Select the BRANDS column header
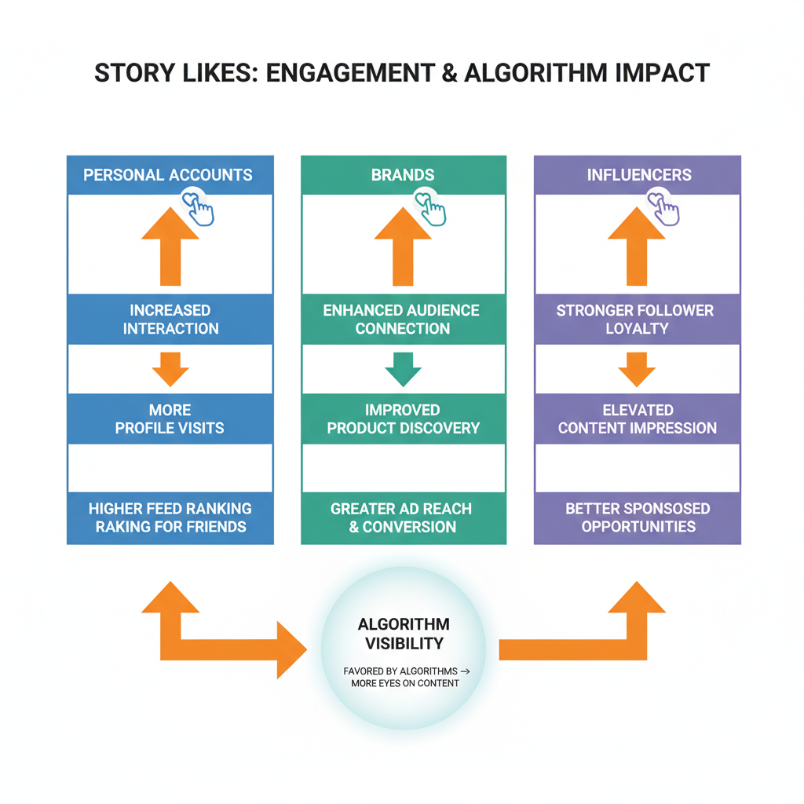(403, 175)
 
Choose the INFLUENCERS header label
(639, 175)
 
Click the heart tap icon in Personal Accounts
(199, 207)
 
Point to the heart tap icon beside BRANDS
(430, 207)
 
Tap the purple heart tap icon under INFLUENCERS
(664, 207)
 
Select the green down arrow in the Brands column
(403, 369)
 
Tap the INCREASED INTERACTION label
(170, 320)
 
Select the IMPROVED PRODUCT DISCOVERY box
(403, 419)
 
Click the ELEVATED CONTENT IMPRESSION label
(638, 419)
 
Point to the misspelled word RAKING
(123, 527)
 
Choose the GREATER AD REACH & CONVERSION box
(403, 517)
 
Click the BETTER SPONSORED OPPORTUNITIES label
(638, 517)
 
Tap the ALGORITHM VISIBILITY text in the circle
(404, 634)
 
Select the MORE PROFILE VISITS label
(170, 419)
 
